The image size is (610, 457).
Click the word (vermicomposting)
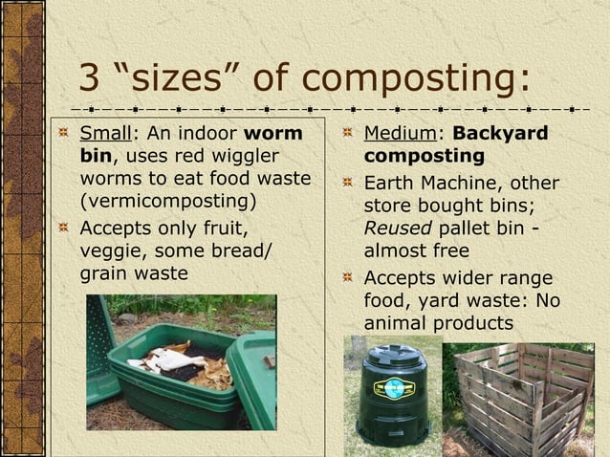[168, 203]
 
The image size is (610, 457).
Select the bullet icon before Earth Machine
[350, 183]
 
